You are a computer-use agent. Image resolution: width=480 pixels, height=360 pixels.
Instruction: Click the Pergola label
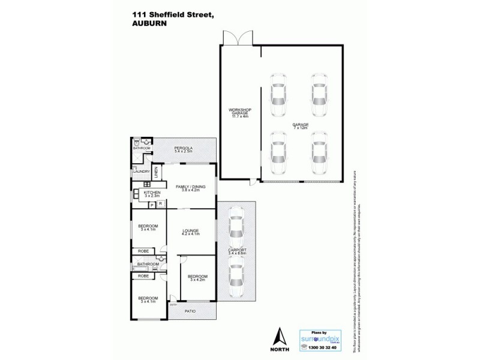(183, 149)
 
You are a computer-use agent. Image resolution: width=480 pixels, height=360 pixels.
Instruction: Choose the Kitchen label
(151, 193)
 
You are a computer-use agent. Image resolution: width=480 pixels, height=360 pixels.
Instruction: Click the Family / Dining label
(191, 188)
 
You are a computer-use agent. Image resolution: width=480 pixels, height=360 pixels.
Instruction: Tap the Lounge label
(191, 232)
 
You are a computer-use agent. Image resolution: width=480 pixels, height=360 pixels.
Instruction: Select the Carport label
(236, 253)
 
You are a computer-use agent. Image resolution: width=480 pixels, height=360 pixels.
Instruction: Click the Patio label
(191, 311)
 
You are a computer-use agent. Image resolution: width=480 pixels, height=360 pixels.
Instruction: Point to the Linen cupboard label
(155, 172)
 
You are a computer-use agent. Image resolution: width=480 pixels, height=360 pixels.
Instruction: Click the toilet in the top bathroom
(137, 143)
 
